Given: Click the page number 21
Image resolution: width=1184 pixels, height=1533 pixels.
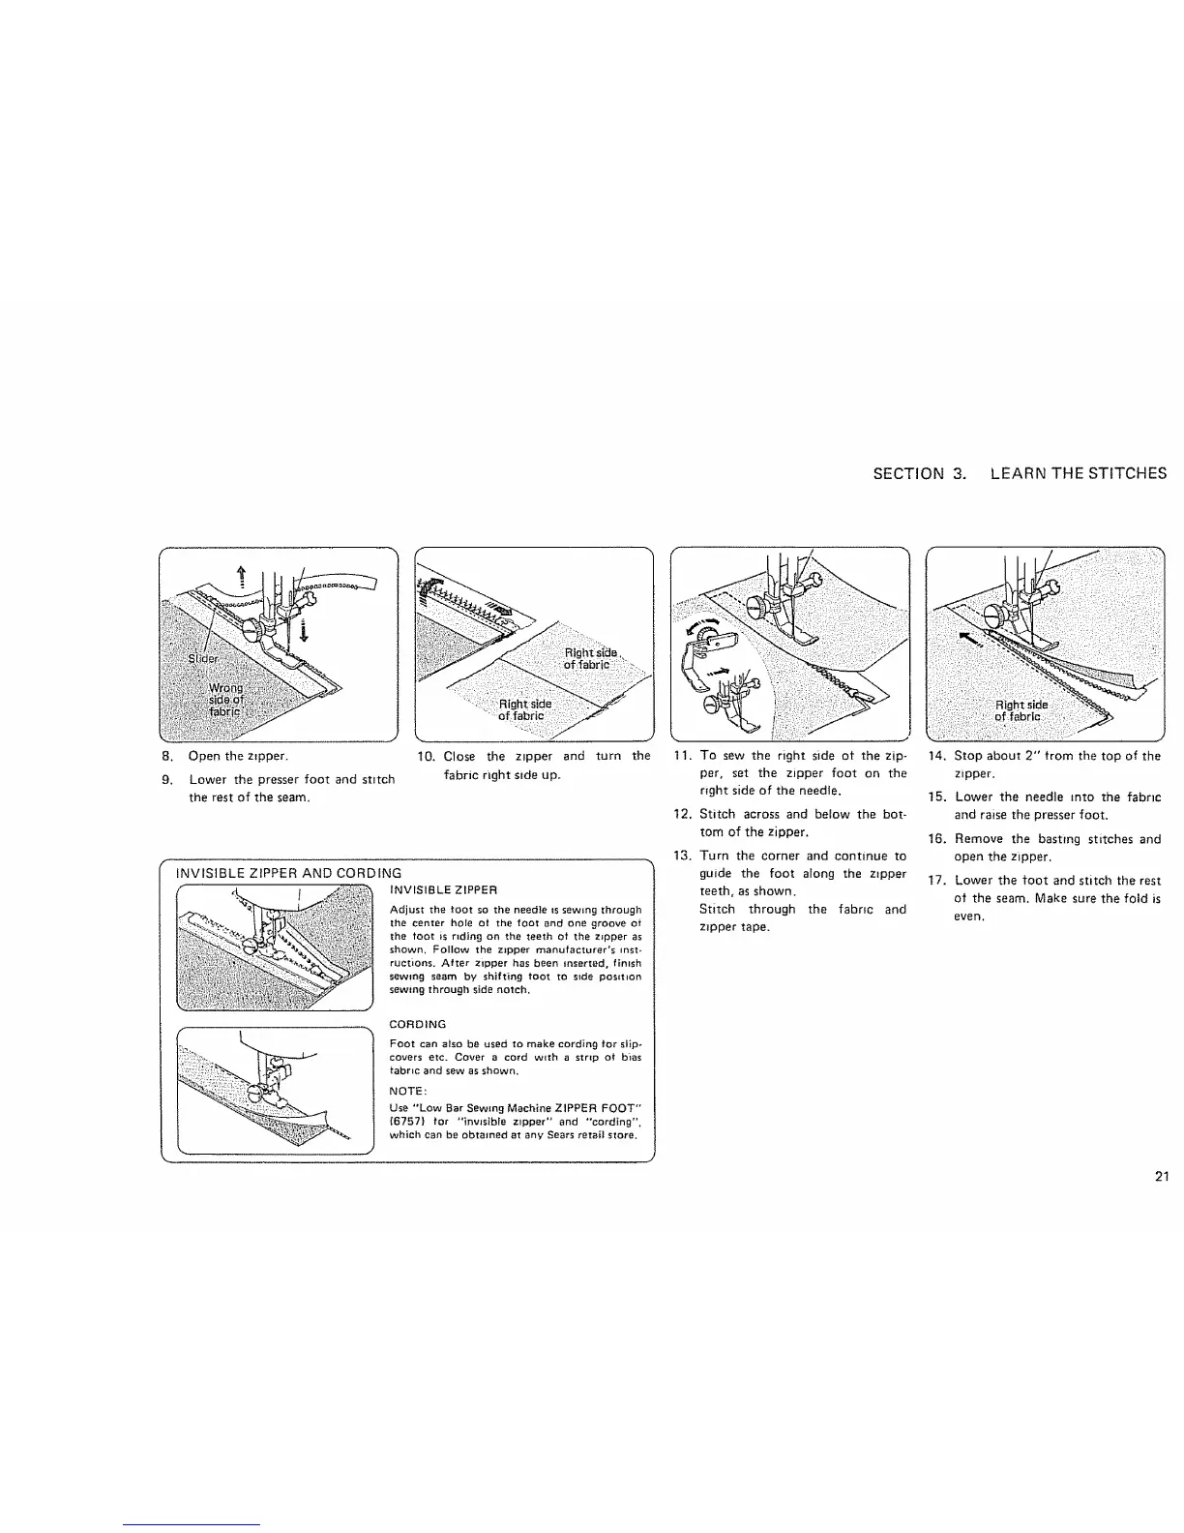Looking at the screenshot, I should (x=1162, y=1177).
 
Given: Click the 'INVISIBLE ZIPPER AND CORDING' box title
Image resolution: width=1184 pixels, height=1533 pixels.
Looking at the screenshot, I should (x=288, y=874).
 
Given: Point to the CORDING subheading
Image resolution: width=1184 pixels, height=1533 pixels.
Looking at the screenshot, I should (x=417, y=1024).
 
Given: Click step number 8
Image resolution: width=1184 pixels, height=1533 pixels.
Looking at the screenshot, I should (x=167, y=756).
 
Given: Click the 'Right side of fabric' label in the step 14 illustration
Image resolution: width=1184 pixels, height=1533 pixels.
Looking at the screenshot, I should (x=1019, y=710).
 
